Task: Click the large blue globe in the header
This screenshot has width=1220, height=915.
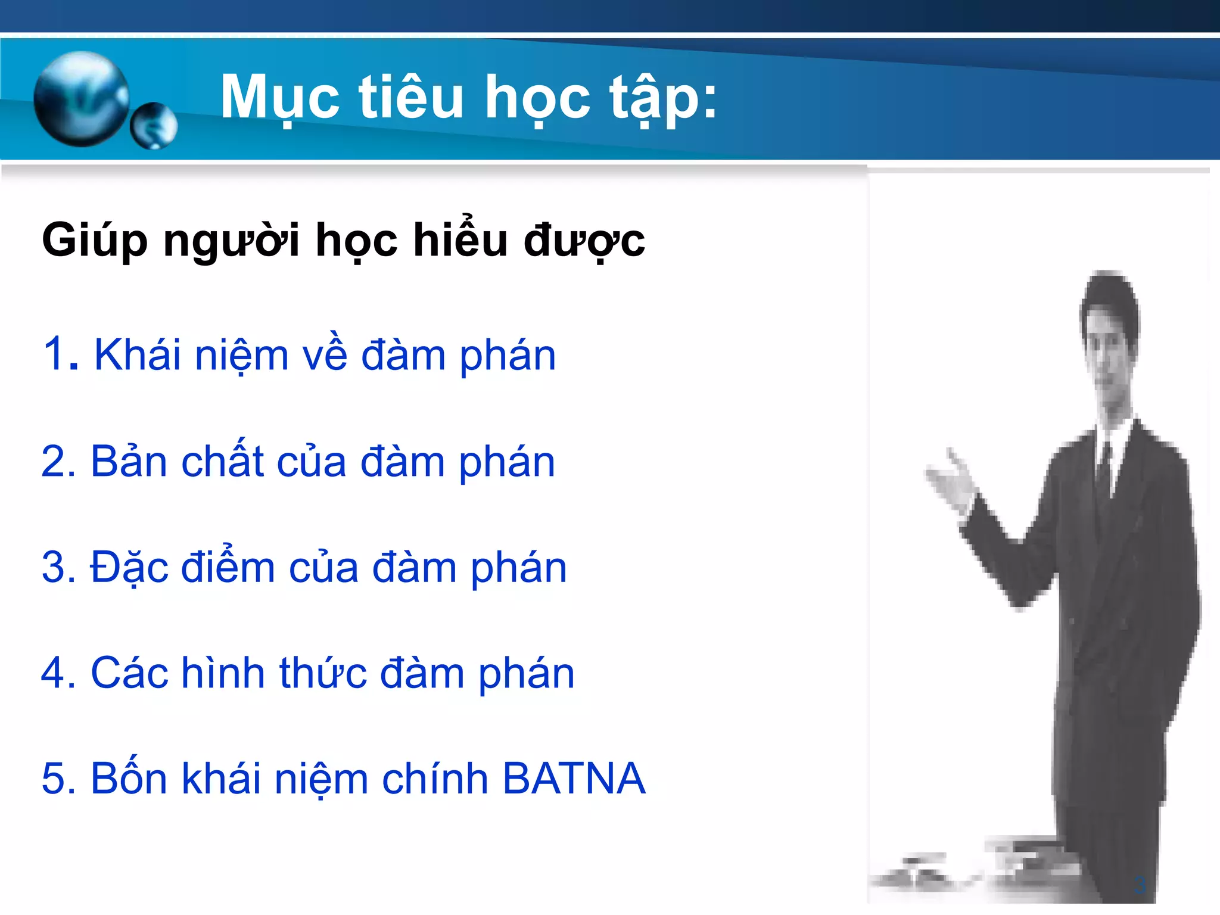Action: tap(81, 99)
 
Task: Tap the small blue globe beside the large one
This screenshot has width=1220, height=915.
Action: tap(154, 126)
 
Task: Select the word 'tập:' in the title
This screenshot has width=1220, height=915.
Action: tap(663, 98)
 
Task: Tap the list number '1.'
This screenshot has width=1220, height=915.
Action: tap(60, 354)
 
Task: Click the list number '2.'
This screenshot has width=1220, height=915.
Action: tap(59, 462)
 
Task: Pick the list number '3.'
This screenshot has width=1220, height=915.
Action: tap(59, 567)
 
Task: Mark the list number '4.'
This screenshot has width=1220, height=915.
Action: tap(59, 673)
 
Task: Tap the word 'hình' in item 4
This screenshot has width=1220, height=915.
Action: tap(223, 673)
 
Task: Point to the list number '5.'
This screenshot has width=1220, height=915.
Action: tap(59, 779)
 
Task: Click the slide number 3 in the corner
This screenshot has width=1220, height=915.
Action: tap(1140, 885)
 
